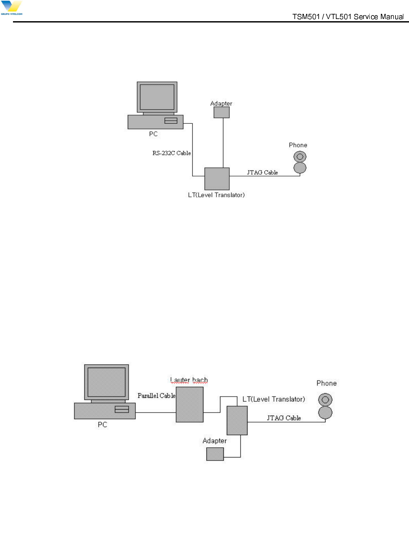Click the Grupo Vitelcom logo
pyautogui.click(x=12, y=8)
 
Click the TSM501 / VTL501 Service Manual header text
pyautogui.click(x=348, y=17)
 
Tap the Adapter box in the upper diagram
pyautogui.click(x=222, y=112)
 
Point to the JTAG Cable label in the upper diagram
pyautogui.click(x=262, y=172)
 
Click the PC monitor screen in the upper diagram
pyautogui.click(x=157, y=97)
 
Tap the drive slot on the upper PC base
pyautogui.click(x=171, y=121)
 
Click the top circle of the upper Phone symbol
pyautogui.click(x=300, y=156)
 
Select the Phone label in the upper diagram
pyautogui.click(x=298, y=145)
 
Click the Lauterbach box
pyautogui.click(x=190, y=404)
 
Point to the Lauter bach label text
pyautogui.click(x=189, y=380)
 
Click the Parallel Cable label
pyautogui.click(x=156, y=395)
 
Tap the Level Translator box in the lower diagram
pyautogui.click(x=237, y=420)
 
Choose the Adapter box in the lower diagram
pyautogui.click(x=215, y=454)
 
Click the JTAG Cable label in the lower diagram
pyautogui.click(x=284, y=418)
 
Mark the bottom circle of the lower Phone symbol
pyautogui.click(x=326, y=413)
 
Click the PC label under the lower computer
pyautogui.click(x=103, y=425)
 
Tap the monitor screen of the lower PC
pyautogui.click(x=107, y=382)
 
